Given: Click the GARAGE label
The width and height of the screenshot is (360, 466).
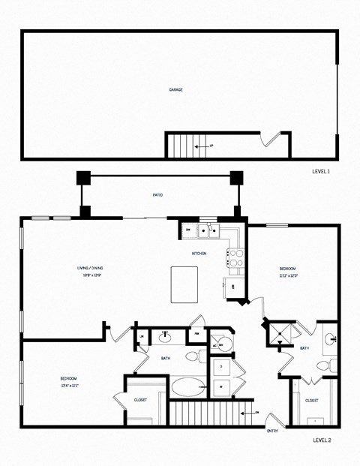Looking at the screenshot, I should [x=175, y=89].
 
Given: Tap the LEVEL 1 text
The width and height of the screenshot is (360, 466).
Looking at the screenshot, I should [x=321, y=172].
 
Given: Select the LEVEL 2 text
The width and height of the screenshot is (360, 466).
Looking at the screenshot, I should [x=321, y=441].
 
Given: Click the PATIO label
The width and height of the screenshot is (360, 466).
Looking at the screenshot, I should [x=158, y=195].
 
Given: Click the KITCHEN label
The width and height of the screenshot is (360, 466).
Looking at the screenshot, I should [x=199, y=254].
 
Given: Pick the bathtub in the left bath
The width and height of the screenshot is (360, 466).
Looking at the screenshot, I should [x=186, y=388].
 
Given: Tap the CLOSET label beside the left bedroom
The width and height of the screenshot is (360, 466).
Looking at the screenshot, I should [x=140, y=400].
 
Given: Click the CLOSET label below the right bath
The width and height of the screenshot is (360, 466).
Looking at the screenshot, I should [x=312, y=401].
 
